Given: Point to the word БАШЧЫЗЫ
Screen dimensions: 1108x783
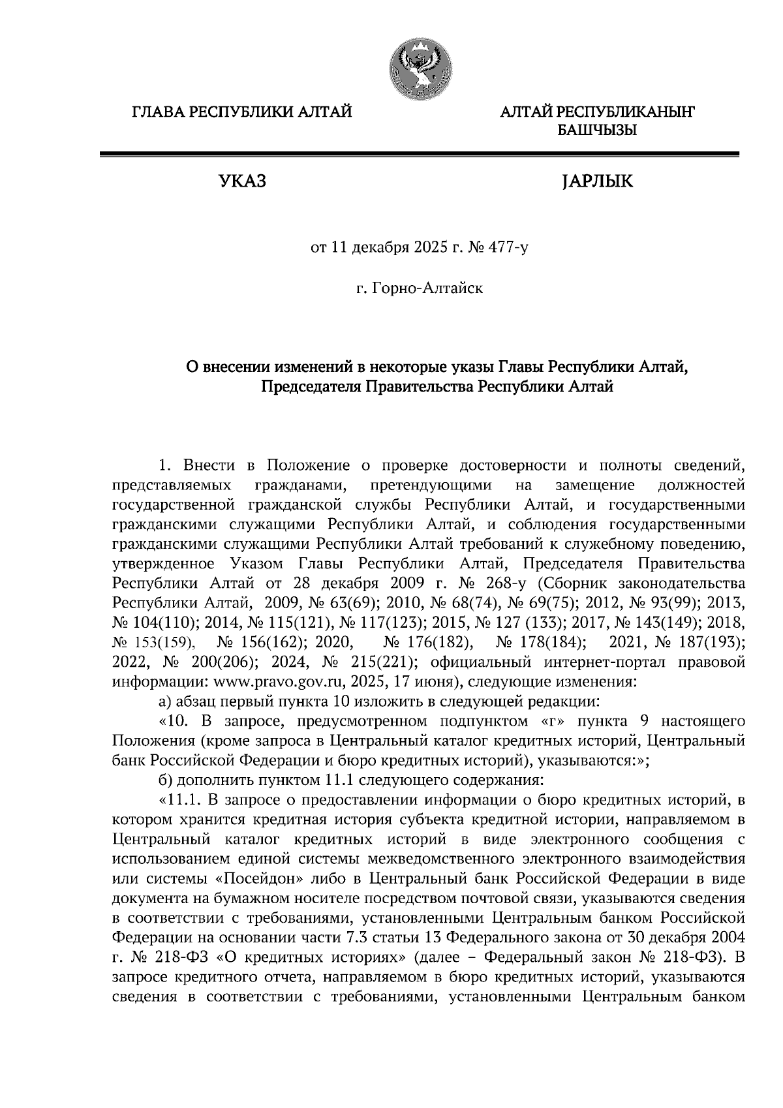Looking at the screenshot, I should [x=596, y=131].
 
